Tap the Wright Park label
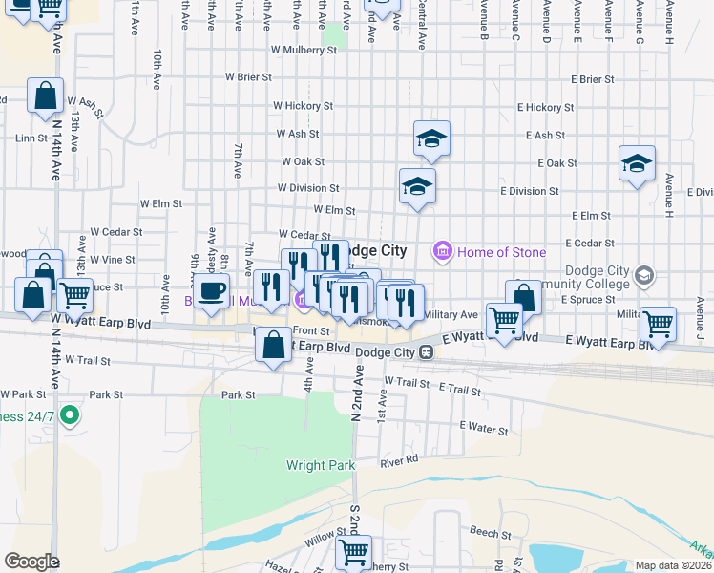(321, 466)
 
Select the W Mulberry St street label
(304, 49)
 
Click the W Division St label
(308, 189)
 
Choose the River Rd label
(399, 461)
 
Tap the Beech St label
(484, 529)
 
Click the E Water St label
(484, 430)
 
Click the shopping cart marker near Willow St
(353, 552)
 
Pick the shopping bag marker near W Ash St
(46, 97)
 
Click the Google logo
(31, 562)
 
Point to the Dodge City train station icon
(429, 352)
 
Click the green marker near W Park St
(69, 415)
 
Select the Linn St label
(31, 138)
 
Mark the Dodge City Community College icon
(644, 276)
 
